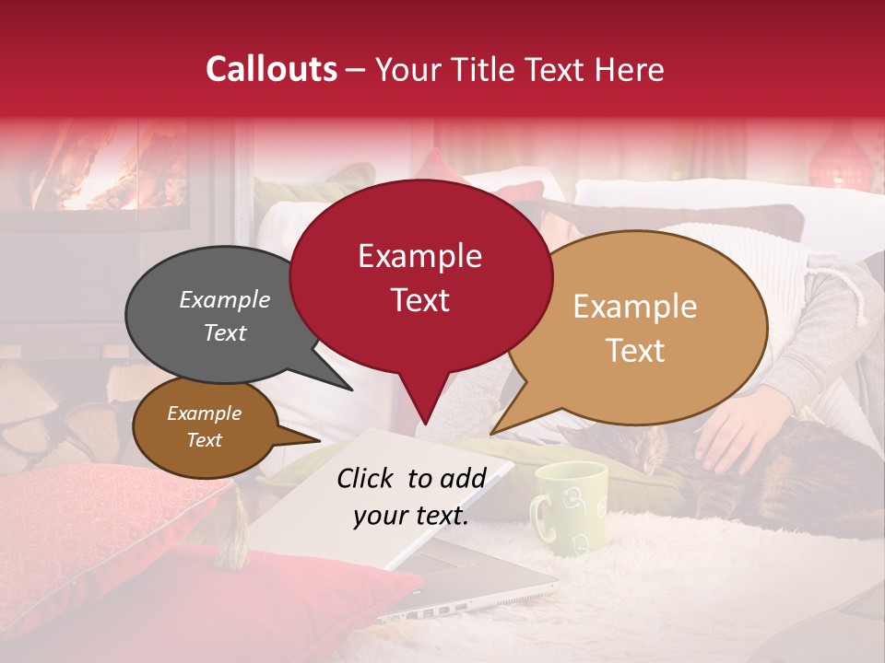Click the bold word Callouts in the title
(x=271, y=69)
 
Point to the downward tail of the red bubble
(x=425, y=405)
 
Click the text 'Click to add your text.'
(x=411, y=496)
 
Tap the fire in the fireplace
(x=111, y=170)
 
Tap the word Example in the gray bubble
(x=225, y=299)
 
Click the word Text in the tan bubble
(x=636, y=351)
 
